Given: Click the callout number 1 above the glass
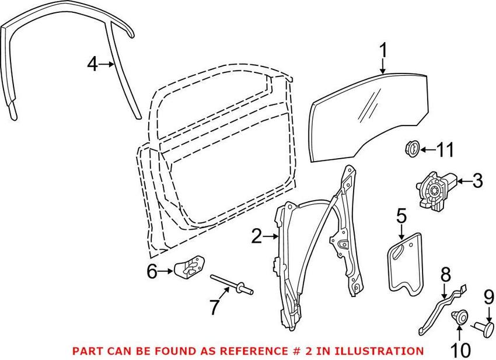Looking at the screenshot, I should tap(383, 51).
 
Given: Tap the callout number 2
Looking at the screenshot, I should tap(257, 236).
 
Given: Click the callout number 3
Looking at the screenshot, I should tap(477, 181).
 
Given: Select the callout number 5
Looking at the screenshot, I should tap(401, 216).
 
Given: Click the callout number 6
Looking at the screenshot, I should tap(151, 271).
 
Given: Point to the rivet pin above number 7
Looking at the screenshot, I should tap(233, 284).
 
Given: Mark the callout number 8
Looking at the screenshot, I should tap(445, 274).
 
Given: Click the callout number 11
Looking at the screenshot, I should tap(445, 150).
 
